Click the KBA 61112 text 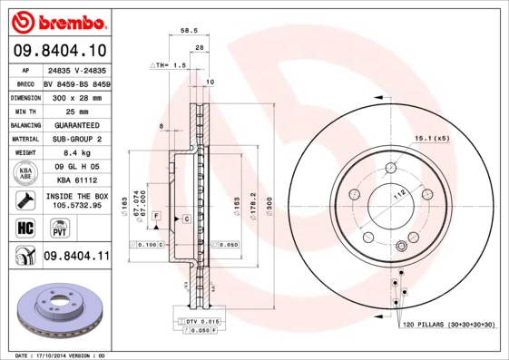click(x=76, y=180)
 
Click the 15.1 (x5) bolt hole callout click(x=432, y=138)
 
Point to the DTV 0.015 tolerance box click(x=201, y=323)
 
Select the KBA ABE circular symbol click(x=24, y=172)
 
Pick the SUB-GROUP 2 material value click(x=76, y=139)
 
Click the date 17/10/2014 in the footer click(x=55, y=355)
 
